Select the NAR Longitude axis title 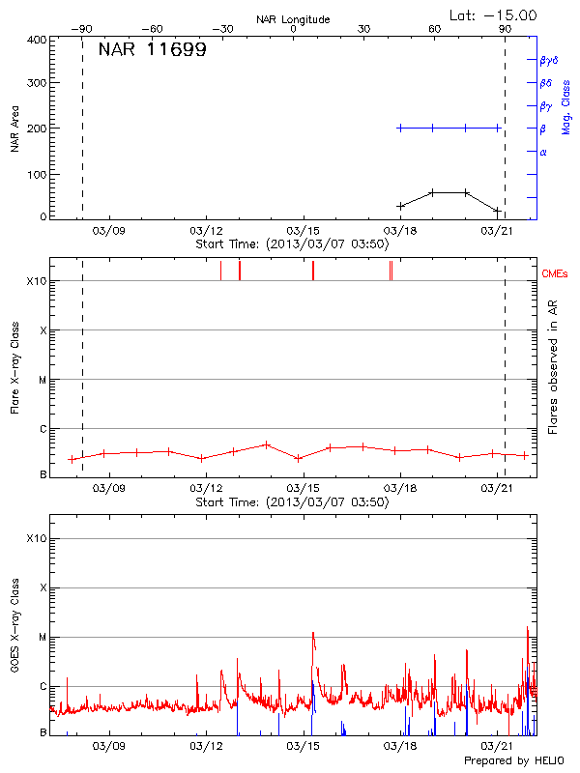pos(293,19)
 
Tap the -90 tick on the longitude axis pos(82,29)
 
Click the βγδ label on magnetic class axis pos(549,60)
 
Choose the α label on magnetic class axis pos(543,152)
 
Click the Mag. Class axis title pos(566,106)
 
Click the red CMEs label pos(556,274)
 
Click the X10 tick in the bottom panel pos(37,537)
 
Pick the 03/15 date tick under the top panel pos(304,231)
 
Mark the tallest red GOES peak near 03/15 pos(313,633)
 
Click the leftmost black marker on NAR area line pos(401,206)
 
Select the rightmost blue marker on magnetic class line pos(498,128)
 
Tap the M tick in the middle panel pos(42,380)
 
